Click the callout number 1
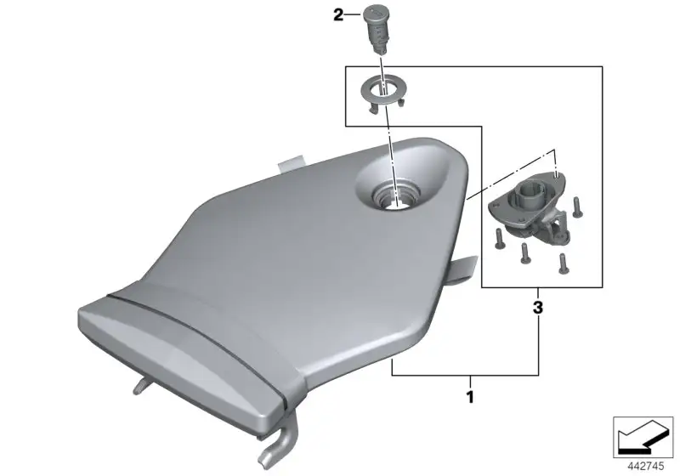click(x=470, y=397)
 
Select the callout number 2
click(x=337, y=15)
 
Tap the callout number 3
click(x=538, y=308)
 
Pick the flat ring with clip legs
click(x=384, y=93)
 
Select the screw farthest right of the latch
click(x=577, y=207)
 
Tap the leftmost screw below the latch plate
click(x=498, y=240)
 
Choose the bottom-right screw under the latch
click(x=563, y=263)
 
